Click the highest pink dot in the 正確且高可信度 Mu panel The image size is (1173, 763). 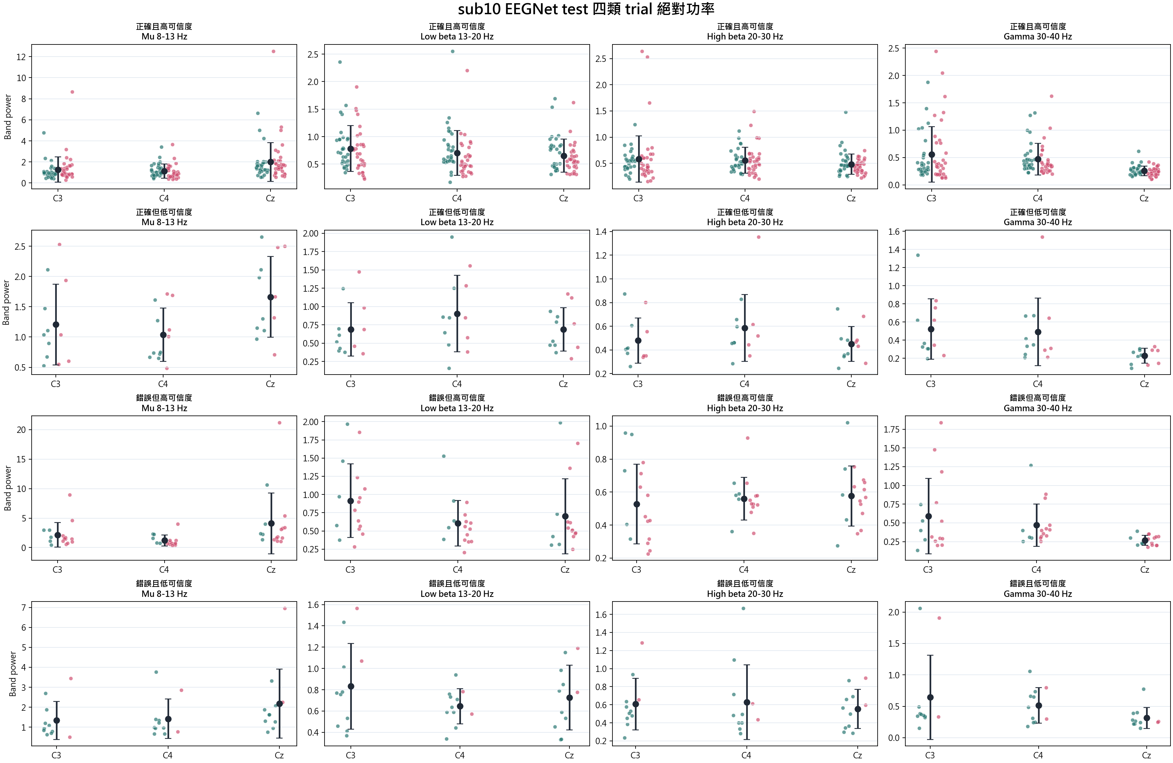[x=274, y=51]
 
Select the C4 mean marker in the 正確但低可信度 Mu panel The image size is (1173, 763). [x=163, y=335]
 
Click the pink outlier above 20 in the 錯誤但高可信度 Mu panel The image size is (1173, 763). [x=279, y=423]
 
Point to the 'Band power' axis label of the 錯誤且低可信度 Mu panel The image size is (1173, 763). [x=13, y=674]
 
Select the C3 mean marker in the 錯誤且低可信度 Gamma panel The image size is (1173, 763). [x=930, y=698]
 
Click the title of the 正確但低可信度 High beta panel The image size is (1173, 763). [x=745, y=217]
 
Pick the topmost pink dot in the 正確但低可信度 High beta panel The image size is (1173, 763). [x=759, y=237]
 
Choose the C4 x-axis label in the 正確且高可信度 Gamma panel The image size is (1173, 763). [x=1038, y=198]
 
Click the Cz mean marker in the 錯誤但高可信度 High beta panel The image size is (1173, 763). [x=851, y=496]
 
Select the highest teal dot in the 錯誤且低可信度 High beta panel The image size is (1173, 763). [x=743, y=609]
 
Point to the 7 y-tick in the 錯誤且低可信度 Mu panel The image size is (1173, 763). [x=23, y=608]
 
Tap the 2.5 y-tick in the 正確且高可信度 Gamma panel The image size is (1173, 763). [x=894, y=48]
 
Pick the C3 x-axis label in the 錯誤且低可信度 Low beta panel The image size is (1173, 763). [x=350, y=755]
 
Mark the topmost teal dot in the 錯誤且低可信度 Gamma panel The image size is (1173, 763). [x=920, y=609]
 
